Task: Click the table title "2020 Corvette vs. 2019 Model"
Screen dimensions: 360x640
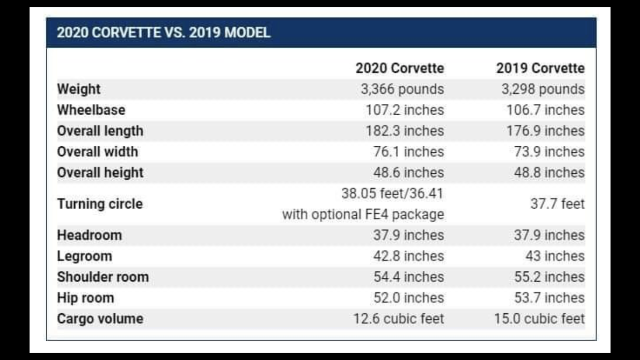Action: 163,33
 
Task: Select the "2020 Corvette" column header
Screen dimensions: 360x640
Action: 399,68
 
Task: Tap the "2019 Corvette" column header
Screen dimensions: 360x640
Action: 540,68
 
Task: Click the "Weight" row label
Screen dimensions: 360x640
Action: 79,89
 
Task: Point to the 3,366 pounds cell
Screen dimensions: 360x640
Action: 402,89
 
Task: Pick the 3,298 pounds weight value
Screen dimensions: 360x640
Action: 543,89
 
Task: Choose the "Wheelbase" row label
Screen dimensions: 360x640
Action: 91,110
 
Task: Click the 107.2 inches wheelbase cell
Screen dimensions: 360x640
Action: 404,110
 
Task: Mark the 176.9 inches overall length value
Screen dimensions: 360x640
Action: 545,131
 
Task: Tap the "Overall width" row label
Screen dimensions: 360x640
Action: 97,152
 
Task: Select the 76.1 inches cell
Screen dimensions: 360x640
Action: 408,152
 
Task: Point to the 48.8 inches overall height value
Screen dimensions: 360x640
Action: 549,173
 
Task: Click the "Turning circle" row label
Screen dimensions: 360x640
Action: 100,204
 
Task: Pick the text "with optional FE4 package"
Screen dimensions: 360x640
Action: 363,215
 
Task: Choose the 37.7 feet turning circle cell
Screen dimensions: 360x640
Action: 557,204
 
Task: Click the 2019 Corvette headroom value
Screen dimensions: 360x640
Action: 549,235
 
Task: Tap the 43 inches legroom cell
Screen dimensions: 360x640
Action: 555,256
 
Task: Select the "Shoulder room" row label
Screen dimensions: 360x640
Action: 103,277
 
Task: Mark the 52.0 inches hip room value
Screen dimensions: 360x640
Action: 408,298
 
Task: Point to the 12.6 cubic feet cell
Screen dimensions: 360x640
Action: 398,319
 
